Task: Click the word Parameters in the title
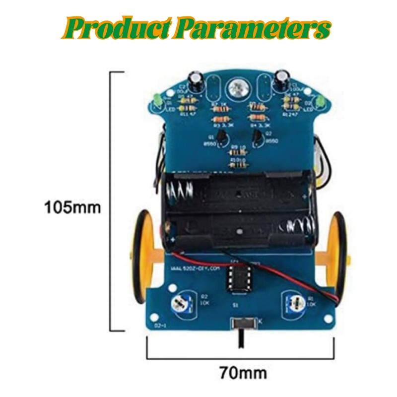tap(253, 28)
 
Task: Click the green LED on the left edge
tap(155, 100)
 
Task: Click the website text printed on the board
tap(195, 268)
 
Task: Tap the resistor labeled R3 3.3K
tap(221, 119)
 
